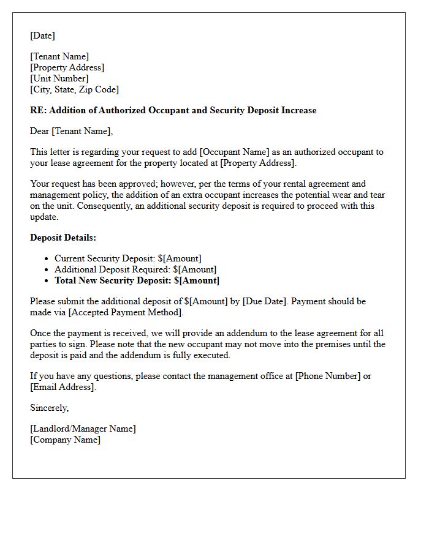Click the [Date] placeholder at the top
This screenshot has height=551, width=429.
pyautogui.click(x=42, y=36)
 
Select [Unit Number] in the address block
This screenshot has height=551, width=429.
pyautogui.click(x=59, y=78)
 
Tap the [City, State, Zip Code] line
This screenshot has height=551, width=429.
pyautogui.click(x=74, y=89)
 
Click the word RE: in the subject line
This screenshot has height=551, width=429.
pyautogui.click(x=38, y=110)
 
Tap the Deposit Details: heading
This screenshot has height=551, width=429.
pyautogui.click(x=63, y=238)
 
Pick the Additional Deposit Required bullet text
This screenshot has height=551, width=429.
pyautogui.click(x=135, y=269)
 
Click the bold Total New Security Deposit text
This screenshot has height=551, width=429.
pyautogui.click(x=137, y=280)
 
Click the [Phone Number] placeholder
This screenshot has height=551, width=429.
pyautogui.click(x=328, y=376)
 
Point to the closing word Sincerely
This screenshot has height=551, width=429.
pyautogui.click(x=49, y=408)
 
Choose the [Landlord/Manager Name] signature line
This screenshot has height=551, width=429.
pyautogui.click(x=83, y=429)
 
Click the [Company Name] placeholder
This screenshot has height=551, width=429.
pyautogui.click(x=65, y=440)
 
